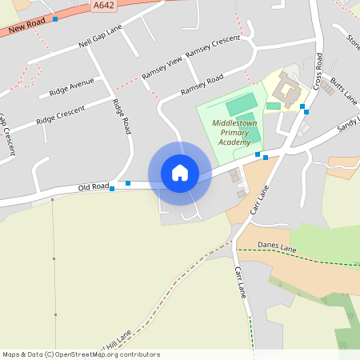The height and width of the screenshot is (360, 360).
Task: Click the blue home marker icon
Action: coord(180,173)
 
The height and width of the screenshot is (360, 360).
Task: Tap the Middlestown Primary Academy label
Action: coord(231,132)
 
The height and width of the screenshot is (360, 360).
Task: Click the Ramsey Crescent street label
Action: coord(212,46)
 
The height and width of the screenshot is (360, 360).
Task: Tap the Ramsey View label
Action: coord(162,67)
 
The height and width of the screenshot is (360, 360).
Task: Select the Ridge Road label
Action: coord(121,115)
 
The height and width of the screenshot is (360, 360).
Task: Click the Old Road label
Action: coord(93,187)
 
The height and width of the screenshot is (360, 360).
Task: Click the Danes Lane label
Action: coord(277,248)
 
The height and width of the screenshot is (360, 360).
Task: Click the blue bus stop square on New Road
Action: coord(54,18)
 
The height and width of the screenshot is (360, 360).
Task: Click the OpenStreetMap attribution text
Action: coord(81,354)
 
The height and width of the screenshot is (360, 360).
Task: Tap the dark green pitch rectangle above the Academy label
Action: coord(241,105)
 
